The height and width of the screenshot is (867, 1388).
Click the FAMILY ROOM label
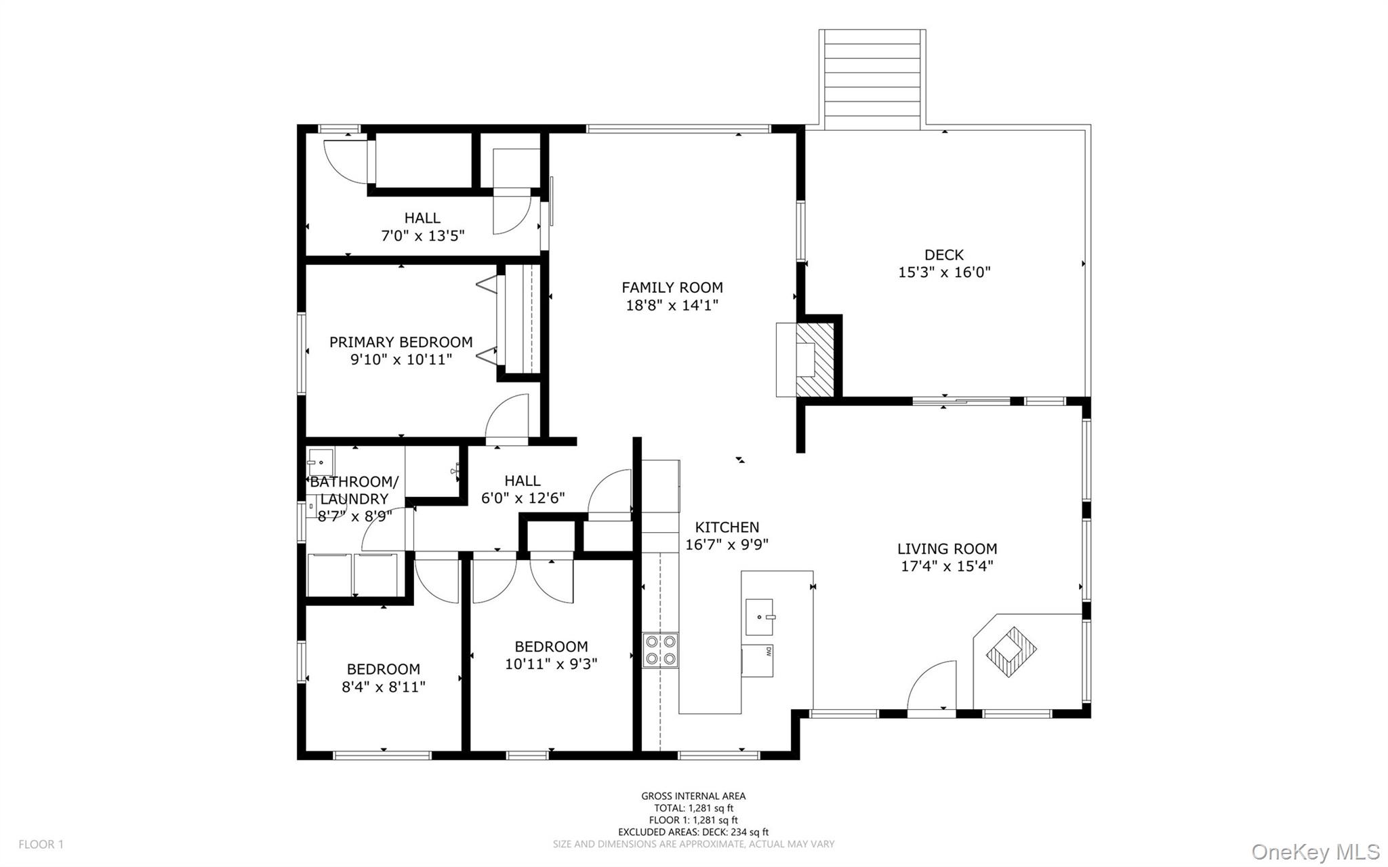pyautogui.click(x=672, y=287)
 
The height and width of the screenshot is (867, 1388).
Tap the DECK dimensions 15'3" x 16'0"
pyautogui.click(x=944, y=273)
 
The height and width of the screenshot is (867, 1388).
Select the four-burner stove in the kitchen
pyautogui.click(x=660, y=650)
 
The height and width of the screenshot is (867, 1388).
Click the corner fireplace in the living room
pyautogui.click(x=1011, y=651)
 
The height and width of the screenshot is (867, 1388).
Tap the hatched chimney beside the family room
pyautogui.click(x=813, y=359)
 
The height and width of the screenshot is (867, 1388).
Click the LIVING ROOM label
pyautogui.click(x=947, y=549)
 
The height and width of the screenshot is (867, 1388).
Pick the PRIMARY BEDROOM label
pyautogui.click(x=401, y=342)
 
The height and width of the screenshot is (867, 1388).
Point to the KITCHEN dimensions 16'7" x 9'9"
pyautogui.click(x=727, y=544)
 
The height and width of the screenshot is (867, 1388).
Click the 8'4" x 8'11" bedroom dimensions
pyautogui.click(x=383, y=687)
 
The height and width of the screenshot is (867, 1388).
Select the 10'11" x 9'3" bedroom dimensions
pyautogui.click(x=550, y=664)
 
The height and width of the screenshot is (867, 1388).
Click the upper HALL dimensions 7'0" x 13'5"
pyautogui.click(x=422, y=236)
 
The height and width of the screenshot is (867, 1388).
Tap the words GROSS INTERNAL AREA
pyautogui.click(x=693, y=796)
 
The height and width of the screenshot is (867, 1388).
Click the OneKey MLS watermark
pyautogui.click(x=1315, y=851)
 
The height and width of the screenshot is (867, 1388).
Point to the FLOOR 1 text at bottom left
pyautogui.click(x=41, y=845)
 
